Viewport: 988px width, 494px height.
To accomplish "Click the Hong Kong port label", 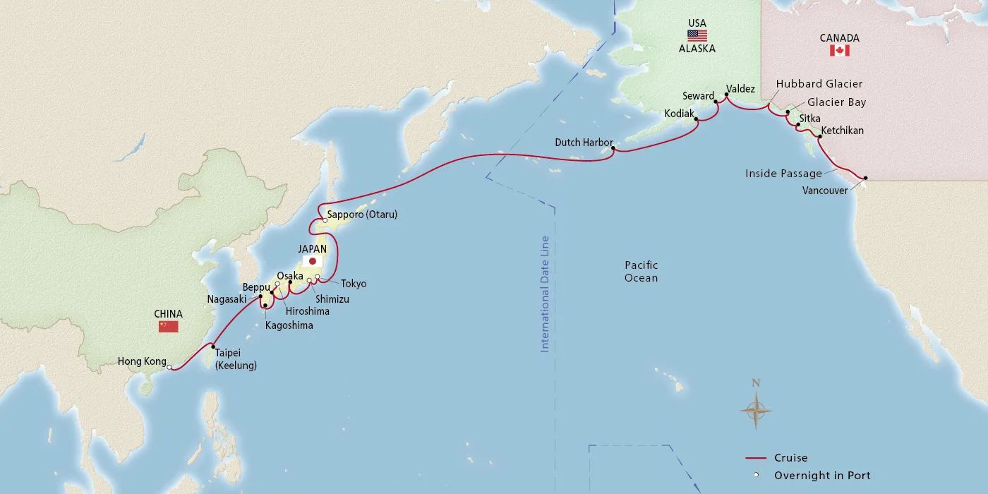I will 141,362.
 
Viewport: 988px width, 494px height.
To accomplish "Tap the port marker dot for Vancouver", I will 866,179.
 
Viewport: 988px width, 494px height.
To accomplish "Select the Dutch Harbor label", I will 583,143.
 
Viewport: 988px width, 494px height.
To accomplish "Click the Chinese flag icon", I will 168,327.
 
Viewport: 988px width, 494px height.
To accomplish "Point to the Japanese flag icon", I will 312,261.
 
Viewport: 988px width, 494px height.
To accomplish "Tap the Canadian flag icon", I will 839,51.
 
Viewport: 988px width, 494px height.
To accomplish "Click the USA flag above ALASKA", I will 697,36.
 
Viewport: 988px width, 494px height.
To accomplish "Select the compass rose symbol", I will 755,409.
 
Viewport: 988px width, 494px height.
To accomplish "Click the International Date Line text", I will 545,294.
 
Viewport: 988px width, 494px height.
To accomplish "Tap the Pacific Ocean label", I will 641,271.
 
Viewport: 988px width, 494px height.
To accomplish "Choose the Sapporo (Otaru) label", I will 362,214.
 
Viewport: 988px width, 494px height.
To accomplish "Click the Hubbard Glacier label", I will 819,83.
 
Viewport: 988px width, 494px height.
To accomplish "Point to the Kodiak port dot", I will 697,119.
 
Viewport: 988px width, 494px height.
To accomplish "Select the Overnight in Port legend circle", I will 755,475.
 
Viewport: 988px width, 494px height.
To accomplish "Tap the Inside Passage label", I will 783,173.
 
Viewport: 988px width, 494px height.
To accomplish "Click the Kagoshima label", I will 289,325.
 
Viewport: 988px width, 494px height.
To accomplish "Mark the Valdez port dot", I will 726,95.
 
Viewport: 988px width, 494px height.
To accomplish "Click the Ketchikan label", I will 842,131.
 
